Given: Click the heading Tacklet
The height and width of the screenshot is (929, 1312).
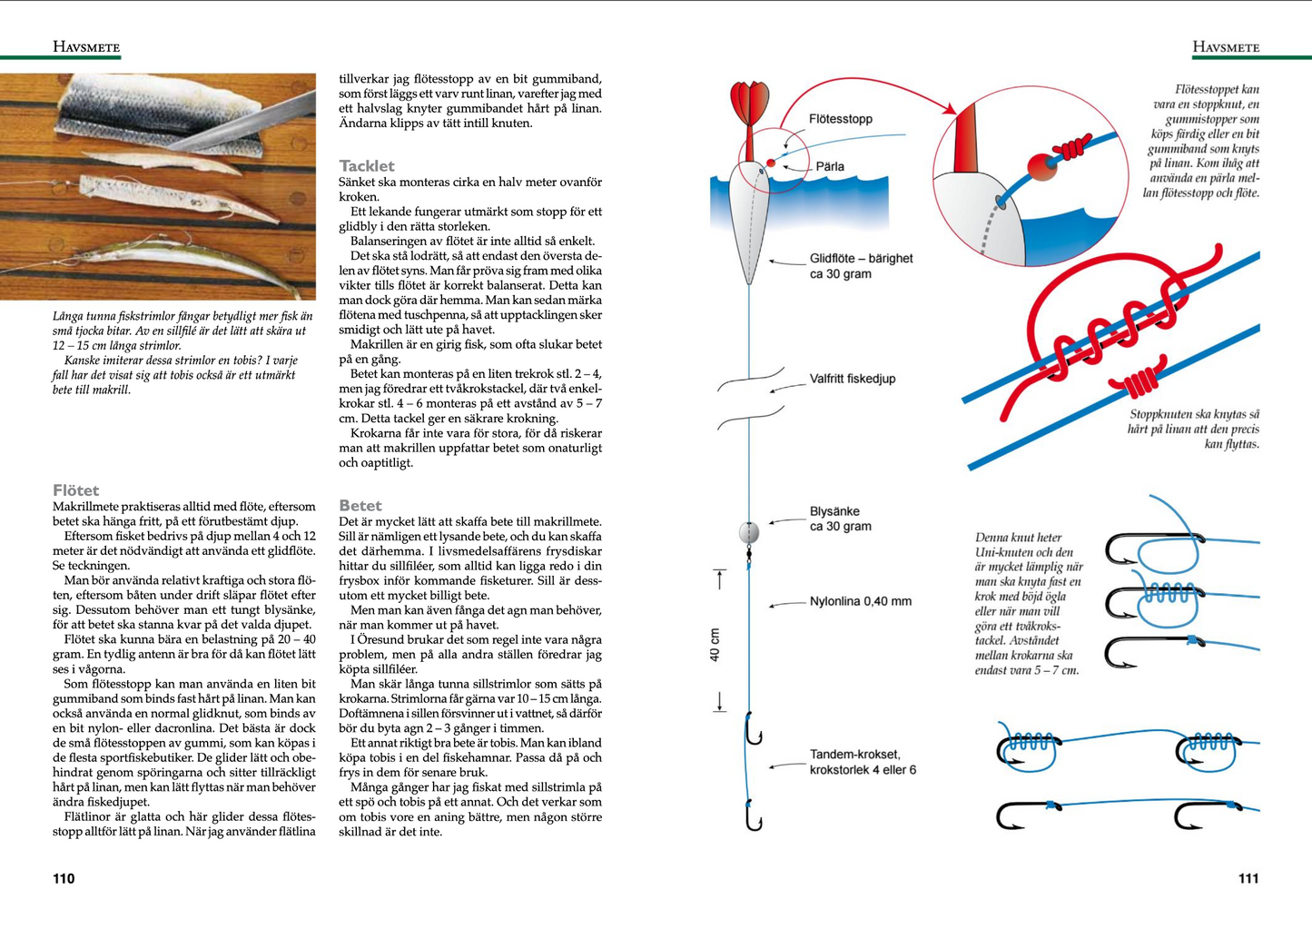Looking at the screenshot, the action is pyautogui.click(x=367, y=166).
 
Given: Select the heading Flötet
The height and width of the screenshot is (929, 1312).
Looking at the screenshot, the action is pyautogui.click(x=75, y=490).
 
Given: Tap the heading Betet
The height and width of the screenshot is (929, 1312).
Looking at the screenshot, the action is pyautogui.click(x=360, y=506).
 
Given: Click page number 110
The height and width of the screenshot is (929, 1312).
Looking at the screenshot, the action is pyautogui.click(x=64, y=878).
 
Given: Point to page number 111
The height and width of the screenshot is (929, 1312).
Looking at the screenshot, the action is pyautogui.click(x=1248, y=878).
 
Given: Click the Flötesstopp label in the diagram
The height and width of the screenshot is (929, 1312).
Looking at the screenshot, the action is pyautogui.click(x=841, y=119).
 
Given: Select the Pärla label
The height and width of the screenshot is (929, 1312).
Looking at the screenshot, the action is pyautogui.click(x=830, y=166).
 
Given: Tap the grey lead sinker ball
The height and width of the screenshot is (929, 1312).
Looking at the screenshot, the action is pyautogui.click(x=749, y=533).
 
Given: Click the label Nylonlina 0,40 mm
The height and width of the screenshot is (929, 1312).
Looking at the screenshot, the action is pyautogui.click(x=861, y=601).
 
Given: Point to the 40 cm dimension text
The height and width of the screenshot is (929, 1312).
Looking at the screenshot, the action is pyautogui.click(x=715, y=645).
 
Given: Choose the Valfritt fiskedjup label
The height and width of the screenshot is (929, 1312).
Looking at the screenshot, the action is pyautogui.click(x=853, y=379).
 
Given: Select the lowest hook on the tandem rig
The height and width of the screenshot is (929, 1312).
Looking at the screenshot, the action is pyautogui.click(x=753, y=816).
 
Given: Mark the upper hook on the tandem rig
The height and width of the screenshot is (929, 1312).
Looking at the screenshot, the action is pyautogui.click(x=753, y=729).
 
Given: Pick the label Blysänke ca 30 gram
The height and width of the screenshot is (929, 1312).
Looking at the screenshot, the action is pyautogui.click(x=840, y=519).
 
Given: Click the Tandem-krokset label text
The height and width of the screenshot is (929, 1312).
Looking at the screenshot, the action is pyautogui.click(x=855, y=755).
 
